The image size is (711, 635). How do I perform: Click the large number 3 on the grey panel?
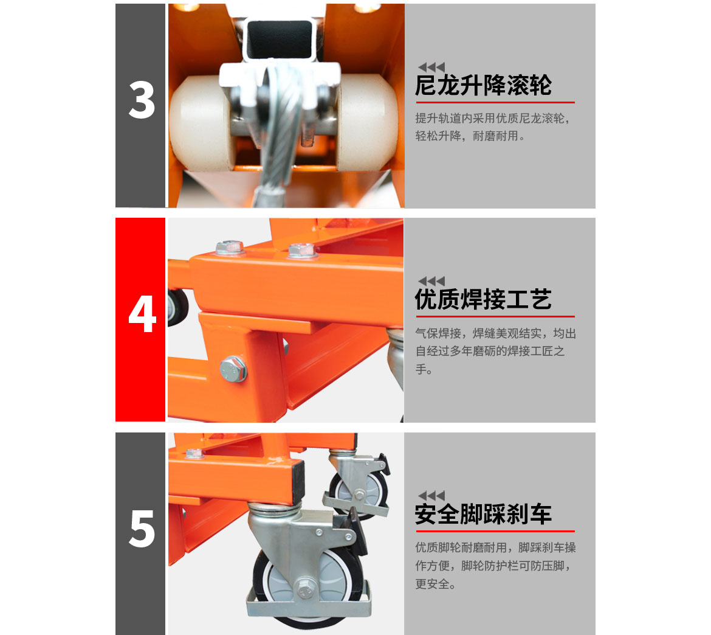(x=142, y=100)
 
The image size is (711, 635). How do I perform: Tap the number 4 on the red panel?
(x=142, y=315)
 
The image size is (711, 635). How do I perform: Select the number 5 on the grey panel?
(x=142, y=529)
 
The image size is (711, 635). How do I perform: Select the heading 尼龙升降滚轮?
(x=483, y=86)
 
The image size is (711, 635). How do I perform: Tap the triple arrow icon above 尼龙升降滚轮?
(x=431, y=67)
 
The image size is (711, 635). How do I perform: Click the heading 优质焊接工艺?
(x=483, y=300)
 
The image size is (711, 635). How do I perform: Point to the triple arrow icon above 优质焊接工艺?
(x=431, y=281)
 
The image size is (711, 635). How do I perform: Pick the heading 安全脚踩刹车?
(x=483, y=515)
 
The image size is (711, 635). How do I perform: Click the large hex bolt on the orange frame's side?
(x=233, y=369)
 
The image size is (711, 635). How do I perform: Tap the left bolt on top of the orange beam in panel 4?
(x=229, y=248)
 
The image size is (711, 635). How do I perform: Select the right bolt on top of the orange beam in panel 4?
(x=301, y=249)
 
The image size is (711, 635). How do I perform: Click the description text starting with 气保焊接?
(x=495, y=351)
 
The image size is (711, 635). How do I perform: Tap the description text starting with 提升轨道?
(x=493, y=127)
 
